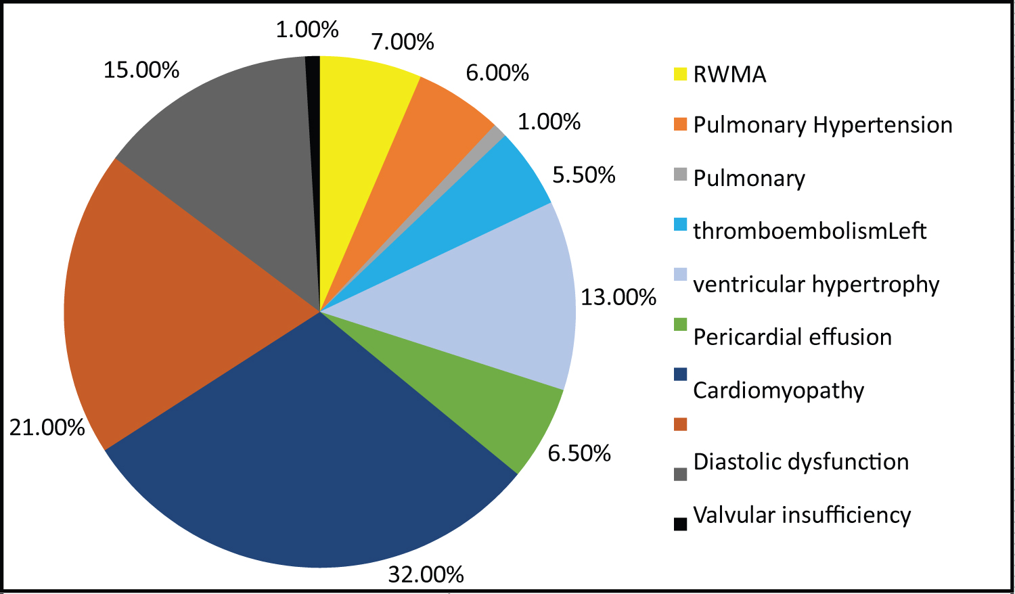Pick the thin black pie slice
point(313,135)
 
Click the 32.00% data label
point(426,574)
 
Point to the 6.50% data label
point(579,453)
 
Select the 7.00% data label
point(403,42)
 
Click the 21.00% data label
point(47,428)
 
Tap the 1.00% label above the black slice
point(307,29)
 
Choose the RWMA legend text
point(729,74)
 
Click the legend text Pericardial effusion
point(792,337)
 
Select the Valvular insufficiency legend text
point(802,516)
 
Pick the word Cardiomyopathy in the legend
point(779,390)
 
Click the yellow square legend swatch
point(680,74)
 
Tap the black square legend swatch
point(680,524)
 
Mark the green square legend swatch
point(680,325)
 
